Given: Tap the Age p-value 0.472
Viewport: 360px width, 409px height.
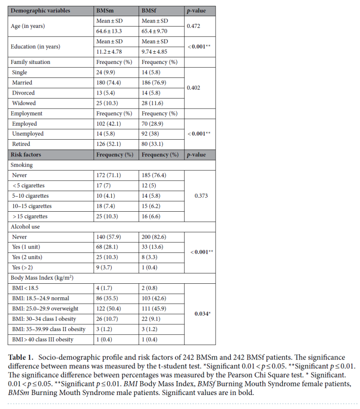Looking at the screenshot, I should tap(194, 26).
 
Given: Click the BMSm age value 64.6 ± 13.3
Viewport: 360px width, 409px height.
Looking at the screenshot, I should tap(109, 31).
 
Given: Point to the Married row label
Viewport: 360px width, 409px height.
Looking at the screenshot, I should tap(22, 82).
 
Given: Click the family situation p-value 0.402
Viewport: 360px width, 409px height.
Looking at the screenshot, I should tap(194, 87).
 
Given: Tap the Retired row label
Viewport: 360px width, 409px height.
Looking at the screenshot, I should tap(21, 144).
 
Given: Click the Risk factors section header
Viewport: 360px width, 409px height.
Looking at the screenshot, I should tap(26, 155).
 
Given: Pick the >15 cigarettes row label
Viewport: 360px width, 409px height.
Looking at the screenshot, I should tap(31, 216).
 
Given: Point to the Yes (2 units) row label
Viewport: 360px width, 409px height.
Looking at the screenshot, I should tap(30, 257).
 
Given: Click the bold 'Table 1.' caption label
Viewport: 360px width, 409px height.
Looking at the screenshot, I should tap(22, 357).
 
